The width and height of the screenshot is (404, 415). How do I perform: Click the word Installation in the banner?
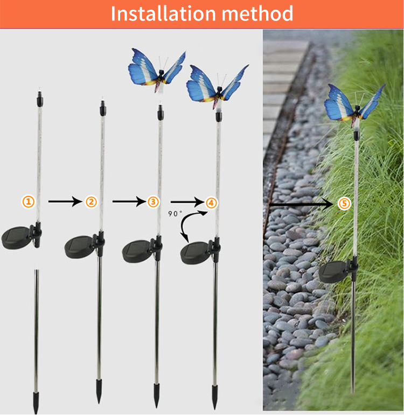[x=163, y=13]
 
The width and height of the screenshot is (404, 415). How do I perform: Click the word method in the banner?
[x=257, y=13]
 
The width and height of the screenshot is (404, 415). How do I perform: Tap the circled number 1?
[x=29, y=202]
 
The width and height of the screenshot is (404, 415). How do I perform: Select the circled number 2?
[x=91, y=202]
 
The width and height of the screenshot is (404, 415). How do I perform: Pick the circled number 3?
[x=153, y=202]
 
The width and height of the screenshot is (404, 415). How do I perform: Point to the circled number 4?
[x=211, y=203]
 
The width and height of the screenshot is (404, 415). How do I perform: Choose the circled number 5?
[x=344, y=204]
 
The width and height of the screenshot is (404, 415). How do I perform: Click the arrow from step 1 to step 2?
[x=65, y=202]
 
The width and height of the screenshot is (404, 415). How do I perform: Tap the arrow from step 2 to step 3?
[x=129, y=202]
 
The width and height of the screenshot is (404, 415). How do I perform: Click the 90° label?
[x=175, y=213]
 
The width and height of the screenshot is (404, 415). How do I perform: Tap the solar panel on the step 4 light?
[x=194, y=253]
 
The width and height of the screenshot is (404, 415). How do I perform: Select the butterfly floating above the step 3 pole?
[x=157, y=70]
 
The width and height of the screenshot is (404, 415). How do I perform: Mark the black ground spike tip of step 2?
[x=99, y=391]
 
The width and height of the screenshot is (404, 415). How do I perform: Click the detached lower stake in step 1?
[x=36, y=341]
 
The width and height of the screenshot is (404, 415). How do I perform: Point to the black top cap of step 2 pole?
[x=103, y=108]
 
